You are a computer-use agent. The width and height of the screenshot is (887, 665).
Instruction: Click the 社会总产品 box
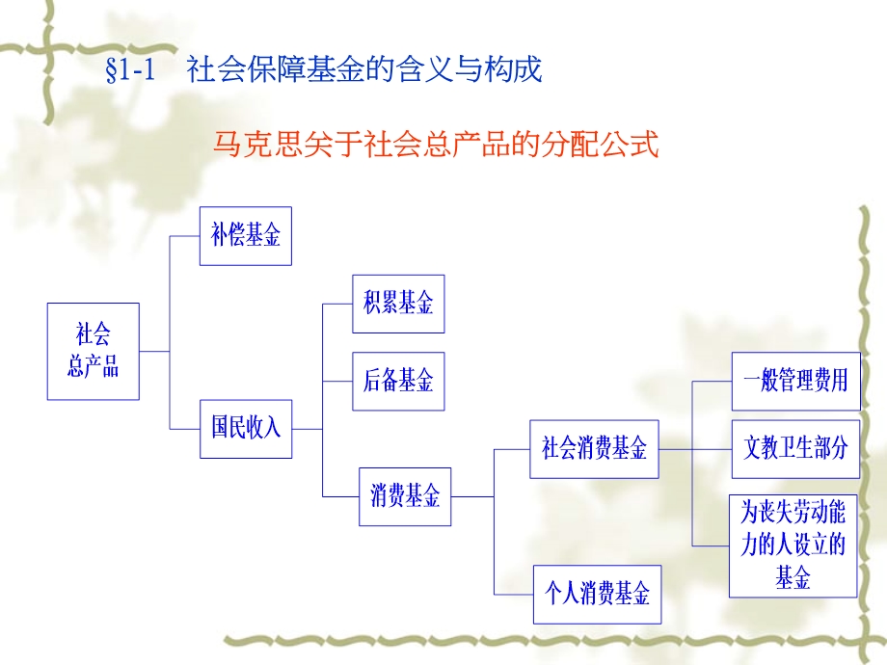coord(93,351)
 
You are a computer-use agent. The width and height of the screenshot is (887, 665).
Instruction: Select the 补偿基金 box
coord(246,236)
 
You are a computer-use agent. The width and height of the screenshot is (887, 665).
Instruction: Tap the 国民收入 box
coord(246,428)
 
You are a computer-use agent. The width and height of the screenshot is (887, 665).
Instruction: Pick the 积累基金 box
coord(398,304)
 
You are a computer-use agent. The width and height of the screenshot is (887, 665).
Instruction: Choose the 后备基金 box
coord(398,381)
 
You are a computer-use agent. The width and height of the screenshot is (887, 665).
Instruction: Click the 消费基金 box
coord(405,496)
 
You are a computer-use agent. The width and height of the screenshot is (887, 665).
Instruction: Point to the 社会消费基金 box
coord(594,448)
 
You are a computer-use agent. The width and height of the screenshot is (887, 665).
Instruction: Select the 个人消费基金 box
coord(598,593)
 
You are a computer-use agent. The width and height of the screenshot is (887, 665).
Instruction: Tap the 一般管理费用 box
coord(795,381)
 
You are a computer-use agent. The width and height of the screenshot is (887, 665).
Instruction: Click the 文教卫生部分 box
coord(795,448)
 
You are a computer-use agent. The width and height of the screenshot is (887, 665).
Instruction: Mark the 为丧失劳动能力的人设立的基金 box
coord(793,545)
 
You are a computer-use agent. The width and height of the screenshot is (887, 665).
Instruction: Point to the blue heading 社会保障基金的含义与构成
coord(364,70)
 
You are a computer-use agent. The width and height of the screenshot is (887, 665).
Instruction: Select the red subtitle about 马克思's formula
coord(436,145)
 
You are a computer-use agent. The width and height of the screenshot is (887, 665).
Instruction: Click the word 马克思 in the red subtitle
coord(250,145)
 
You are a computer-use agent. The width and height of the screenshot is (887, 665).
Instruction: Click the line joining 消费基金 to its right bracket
coord(471,496)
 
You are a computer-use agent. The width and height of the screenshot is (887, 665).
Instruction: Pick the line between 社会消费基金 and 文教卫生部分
coord(694,448)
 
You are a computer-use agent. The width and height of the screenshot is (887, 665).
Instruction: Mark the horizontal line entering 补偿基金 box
coord(184,236)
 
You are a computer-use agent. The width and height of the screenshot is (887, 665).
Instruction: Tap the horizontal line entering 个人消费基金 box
coord(513,593)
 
